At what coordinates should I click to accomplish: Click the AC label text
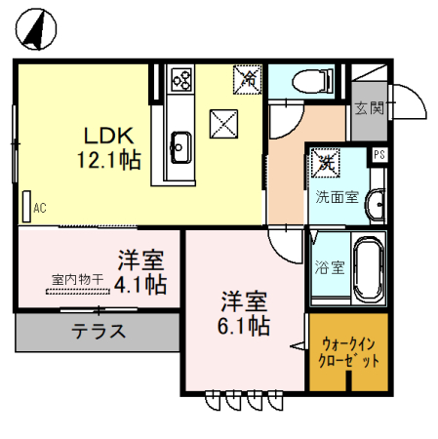point(40,208)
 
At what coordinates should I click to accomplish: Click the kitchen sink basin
point(180,146)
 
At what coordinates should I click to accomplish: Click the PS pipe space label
point(378,155)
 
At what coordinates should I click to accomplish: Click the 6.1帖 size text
point(244,327)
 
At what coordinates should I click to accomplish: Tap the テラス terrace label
point(98,332)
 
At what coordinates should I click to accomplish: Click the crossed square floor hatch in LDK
point(224,124)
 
